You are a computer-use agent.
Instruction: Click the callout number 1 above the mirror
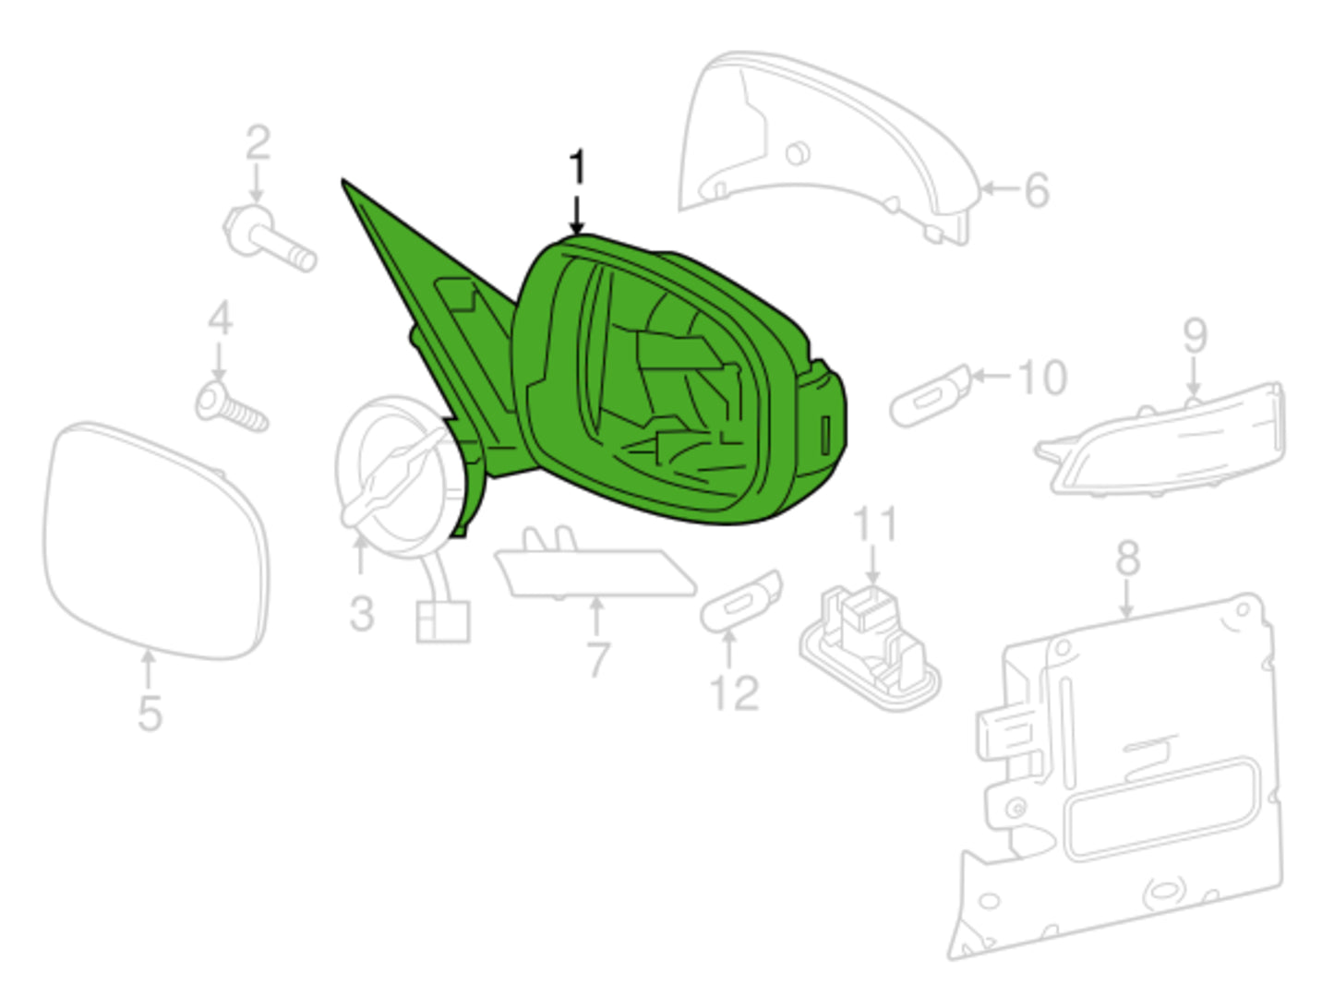tap(577, 167)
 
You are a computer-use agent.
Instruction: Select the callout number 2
tap(258, 142)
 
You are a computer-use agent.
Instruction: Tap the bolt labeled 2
tap(270, 237)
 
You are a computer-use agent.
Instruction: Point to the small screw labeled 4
tap(231, 406)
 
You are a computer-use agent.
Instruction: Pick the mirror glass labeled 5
tap(156, 541)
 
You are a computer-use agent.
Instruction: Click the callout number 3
tap(362, 613)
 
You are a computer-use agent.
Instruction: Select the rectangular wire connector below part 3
tap(443, 621)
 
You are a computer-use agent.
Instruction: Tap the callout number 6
tap(1037, 190)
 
